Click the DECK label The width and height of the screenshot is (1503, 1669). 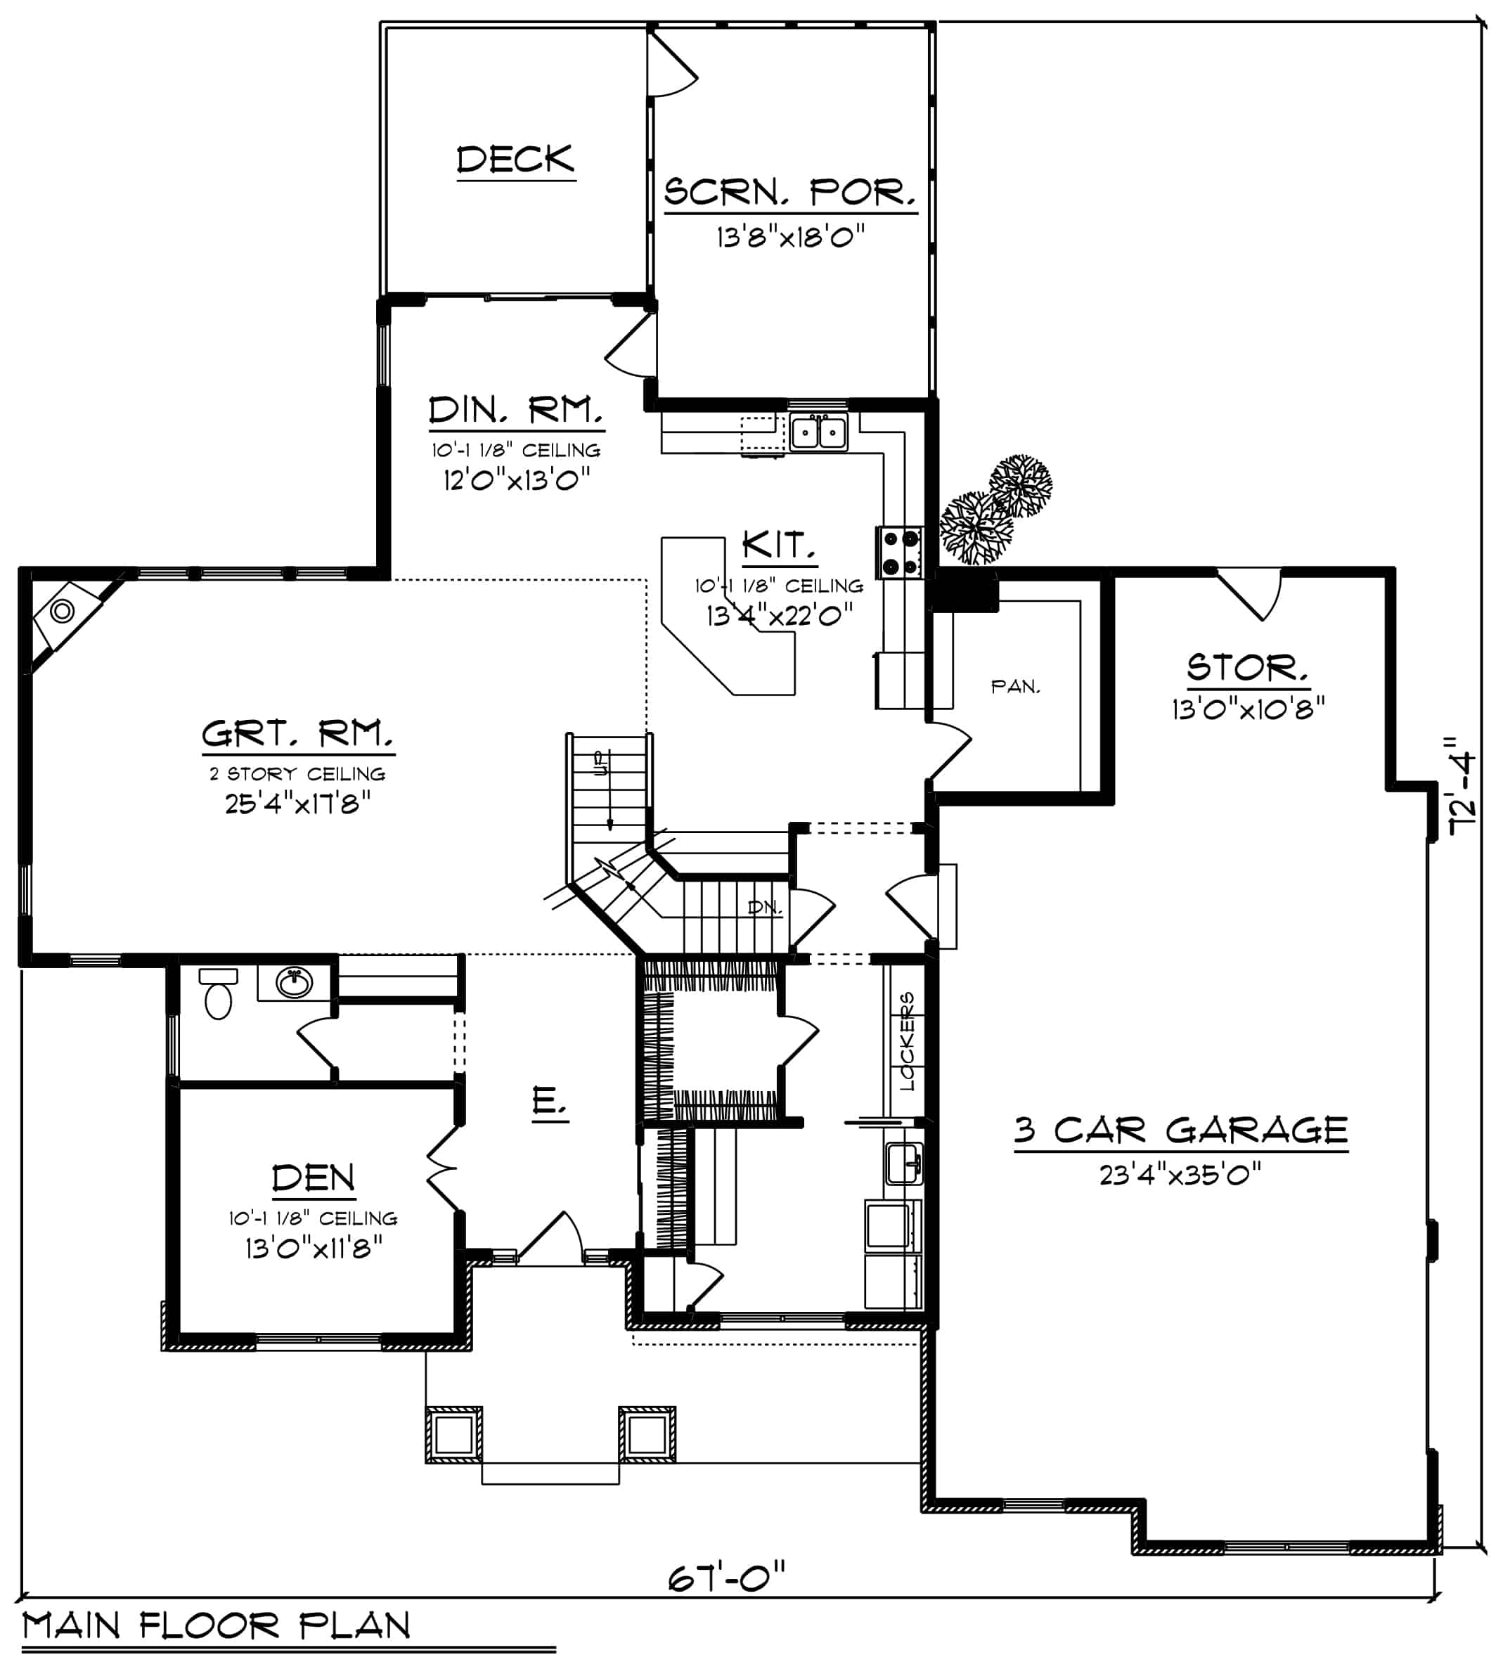click(x=515, y=160)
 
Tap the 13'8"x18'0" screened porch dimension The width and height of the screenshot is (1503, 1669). click(x=790, y=238)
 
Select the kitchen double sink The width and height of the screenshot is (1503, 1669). click(x=818, y=432)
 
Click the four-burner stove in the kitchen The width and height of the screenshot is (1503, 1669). click(x=900, y=552)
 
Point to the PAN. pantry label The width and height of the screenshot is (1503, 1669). click(x=1015, y=686)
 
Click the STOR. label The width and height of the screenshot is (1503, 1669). click(x=1248, y=667)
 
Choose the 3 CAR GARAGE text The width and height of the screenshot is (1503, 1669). click(x=1181, y=1130)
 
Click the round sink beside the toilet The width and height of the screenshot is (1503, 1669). click(x=294, y=983)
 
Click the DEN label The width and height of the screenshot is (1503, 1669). click(x=314, y=1178)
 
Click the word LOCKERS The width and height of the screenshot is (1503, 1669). click(x=907, y=1040)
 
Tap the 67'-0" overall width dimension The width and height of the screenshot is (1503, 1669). click(x=726, y=1578)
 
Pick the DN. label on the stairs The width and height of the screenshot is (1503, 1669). click(x=764, y=907)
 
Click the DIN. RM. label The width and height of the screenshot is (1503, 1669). click(x=515, y=411)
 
